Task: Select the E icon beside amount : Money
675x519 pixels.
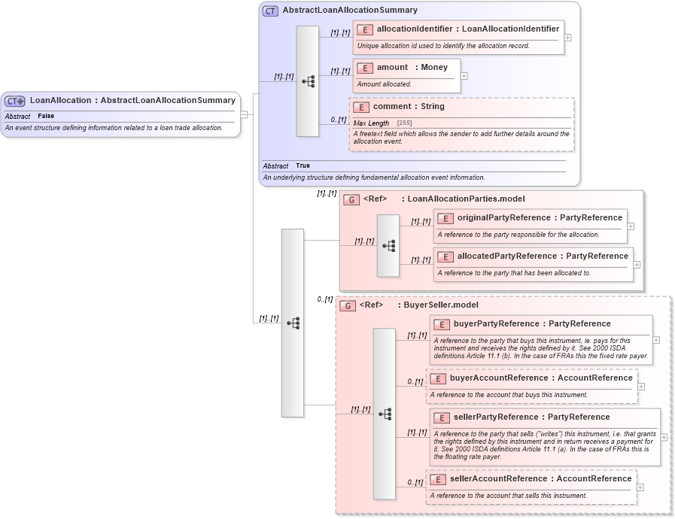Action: pos(365,68)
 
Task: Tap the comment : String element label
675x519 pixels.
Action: pos(409,106)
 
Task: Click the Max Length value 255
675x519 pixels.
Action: pos(404,123)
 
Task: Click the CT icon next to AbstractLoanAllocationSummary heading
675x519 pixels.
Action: pos(270,11)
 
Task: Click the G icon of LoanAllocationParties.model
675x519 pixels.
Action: pos(351,199)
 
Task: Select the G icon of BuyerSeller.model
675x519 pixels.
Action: pos(348,305)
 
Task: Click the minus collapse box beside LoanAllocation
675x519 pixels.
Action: pos(244,115)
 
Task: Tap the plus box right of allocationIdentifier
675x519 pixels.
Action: pos(567,37)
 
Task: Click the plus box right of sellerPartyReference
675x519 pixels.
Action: pos(664,437)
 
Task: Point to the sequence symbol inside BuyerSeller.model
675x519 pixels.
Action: pos(385,414)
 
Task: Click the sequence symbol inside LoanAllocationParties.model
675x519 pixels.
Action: pos(388,245)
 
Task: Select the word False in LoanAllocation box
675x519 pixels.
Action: pos(46,117)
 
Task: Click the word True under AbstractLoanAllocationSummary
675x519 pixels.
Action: pos(303,165)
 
